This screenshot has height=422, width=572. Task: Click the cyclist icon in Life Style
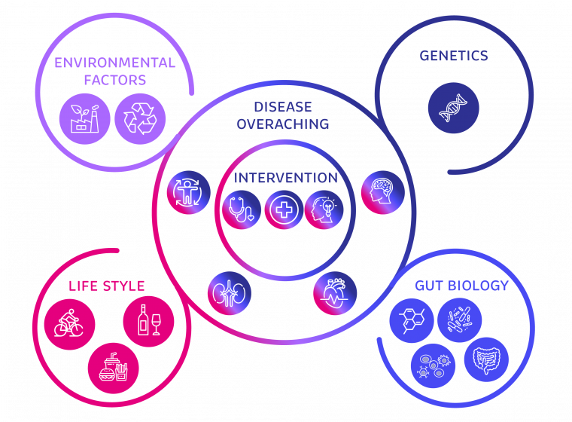pos(69,320)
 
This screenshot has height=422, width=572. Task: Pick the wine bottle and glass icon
pos(148,321)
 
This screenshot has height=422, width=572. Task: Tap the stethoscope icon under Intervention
pos(242,209)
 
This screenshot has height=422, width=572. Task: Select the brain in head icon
pos(383,192)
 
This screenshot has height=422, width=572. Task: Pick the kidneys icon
pos(230,292)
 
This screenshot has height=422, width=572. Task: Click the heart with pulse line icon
pos(333,292)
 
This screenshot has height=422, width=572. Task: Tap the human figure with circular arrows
pos(188,192)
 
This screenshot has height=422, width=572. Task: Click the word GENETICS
pos(453,56)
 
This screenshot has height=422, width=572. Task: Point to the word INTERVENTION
pos(285,178)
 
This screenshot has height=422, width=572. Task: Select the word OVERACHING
pos(283,124)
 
